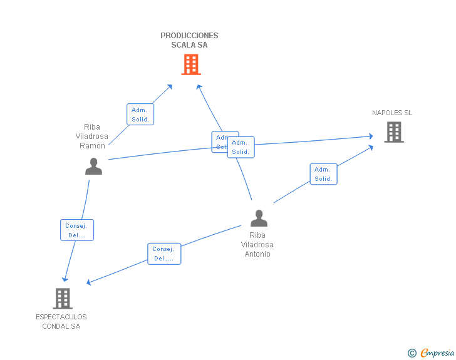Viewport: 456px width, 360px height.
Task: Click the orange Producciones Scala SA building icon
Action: [191, 64]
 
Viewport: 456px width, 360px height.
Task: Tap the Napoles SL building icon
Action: [393, 131]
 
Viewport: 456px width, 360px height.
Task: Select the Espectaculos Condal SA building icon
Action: [63, 298]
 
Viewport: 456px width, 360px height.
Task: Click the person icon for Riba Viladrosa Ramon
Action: [93, 166]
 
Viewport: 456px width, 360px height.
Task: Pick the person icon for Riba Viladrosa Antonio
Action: [259, 218]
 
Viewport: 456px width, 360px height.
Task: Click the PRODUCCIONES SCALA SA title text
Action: [189, 40]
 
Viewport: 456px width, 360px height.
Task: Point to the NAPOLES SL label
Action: [392, 113]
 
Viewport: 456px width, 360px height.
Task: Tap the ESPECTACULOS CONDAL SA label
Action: [61, 321]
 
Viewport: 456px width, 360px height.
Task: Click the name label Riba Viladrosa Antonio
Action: [257, 245]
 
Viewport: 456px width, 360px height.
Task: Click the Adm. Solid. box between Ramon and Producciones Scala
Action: [140, 115]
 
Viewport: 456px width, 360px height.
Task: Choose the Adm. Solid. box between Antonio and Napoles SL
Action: [323, 174]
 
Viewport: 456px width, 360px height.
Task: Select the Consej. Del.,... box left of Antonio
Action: [164, 254]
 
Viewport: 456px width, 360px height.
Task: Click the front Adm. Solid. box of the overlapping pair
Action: [241, 147]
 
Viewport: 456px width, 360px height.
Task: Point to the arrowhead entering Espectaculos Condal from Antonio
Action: [88, 283]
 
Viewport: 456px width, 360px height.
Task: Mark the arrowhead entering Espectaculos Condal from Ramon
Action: [65, 279]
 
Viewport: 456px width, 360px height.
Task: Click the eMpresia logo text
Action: [437, 353]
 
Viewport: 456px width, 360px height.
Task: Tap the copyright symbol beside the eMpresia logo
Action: [412, 353]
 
